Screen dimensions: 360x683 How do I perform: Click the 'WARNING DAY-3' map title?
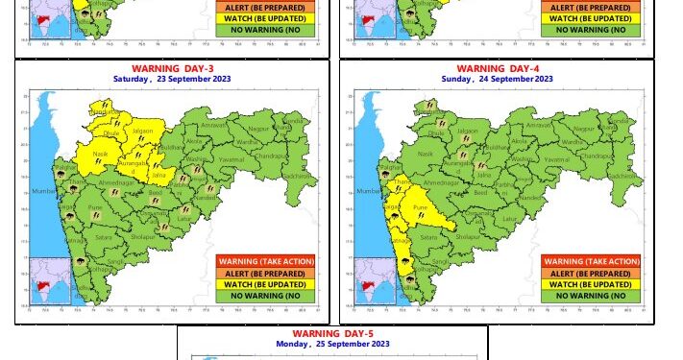click(x=171, y=68)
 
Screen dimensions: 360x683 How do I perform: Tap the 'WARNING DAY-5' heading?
click(x=332, y=334)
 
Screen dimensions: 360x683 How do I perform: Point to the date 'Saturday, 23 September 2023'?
click(x=171, y=78)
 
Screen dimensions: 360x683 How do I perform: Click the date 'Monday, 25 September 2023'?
click(x=332, y=344)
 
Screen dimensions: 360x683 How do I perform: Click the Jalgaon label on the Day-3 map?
click(x=142, y=130)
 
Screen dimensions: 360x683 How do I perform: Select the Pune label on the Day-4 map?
click(x=420, y=207)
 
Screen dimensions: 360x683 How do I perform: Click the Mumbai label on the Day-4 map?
click(x=370, y=192)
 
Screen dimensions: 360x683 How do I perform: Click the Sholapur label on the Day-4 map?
click(x=468, y=234)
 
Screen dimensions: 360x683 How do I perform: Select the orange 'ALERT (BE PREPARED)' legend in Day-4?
click(x=592, y=273)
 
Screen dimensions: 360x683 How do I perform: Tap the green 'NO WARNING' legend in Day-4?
click(x=592, y=296)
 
